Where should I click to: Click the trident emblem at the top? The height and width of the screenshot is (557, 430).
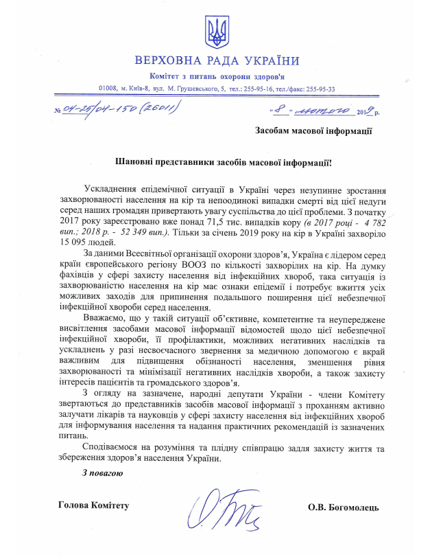click(215, 30)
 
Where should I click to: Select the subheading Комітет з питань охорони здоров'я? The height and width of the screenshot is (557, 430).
click(215, 75)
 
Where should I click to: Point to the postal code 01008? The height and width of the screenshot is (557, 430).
click(108, 89)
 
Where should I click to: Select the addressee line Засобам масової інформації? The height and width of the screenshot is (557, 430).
click(313, 129)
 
